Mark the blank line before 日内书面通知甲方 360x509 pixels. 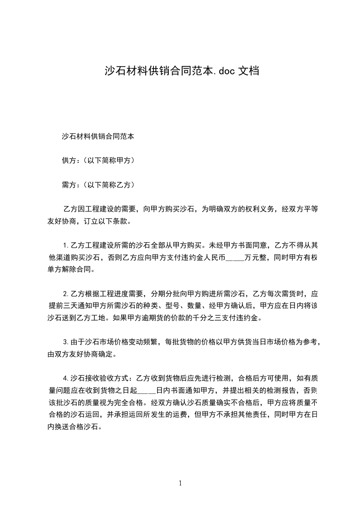click(146, 389)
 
